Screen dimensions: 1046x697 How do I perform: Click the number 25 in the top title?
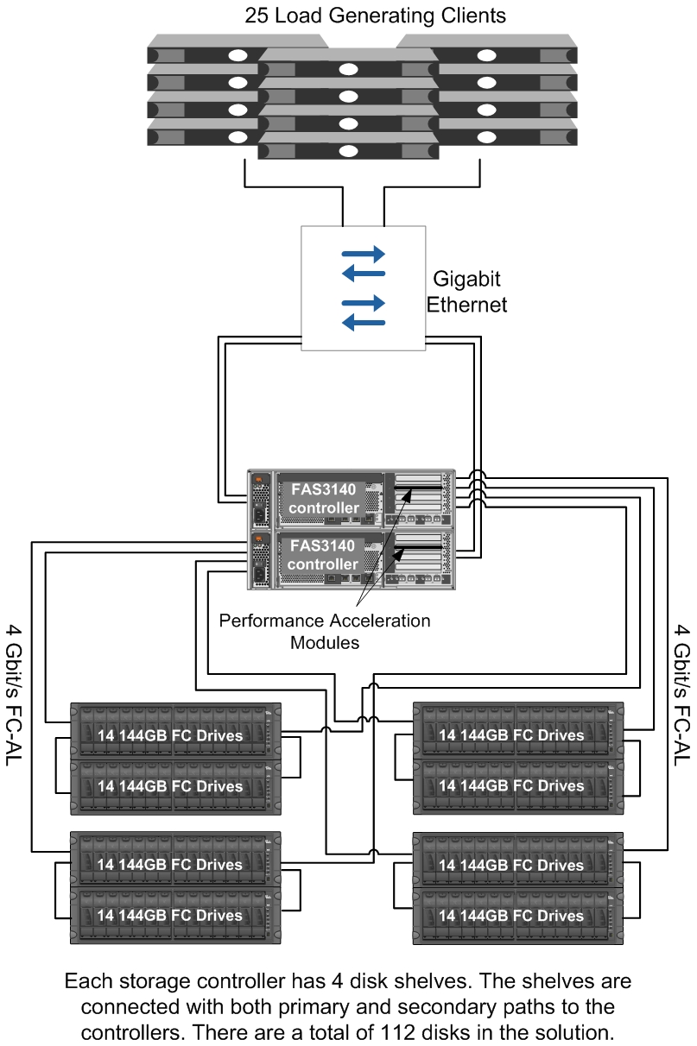(257, 16)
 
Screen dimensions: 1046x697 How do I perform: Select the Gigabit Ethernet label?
(467, 292)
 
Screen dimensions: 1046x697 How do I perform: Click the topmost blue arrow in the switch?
(364, 255)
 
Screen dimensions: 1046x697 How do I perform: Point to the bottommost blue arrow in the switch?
(364, 322)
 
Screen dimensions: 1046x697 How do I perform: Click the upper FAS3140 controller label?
(324, 499)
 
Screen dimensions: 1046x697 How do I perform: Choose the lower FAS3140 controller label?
(323, 555)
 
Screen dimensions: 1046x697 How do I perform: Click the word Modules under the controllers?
(325, 642)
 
